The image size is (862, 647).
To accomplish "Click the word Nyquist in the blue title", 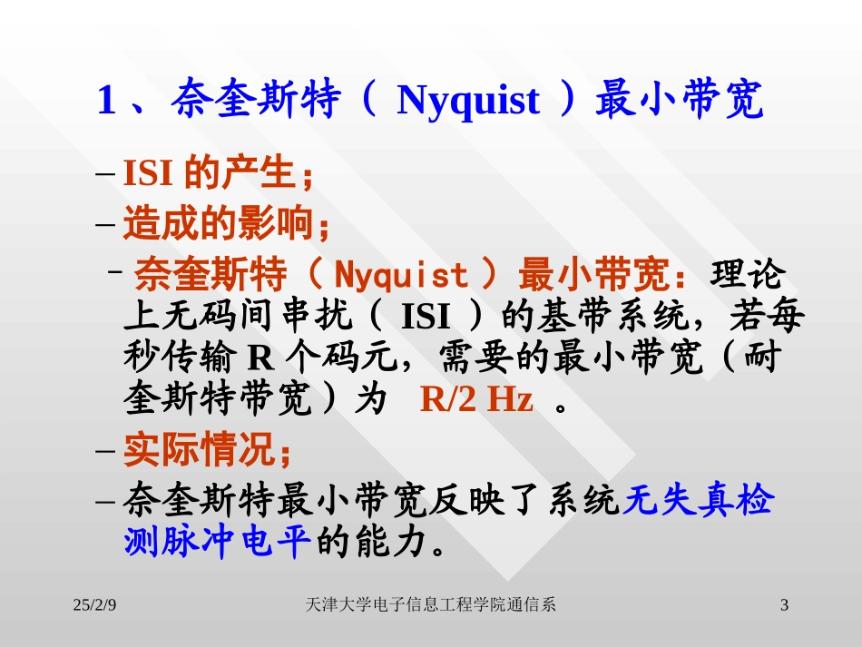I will pyautogui.click(x=468, y=102).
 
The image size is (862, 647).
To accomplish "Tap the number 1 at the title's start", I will pyautogui.click(x=106, y=102).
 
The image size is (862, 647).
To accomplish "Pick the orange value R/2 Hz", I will pyautogui.click(x=476, y=399).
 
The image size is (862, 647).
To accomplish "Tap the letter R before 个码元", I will pyautogui.click(x=260, y=358).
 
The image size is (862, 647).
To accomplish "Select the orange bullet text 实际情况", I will pyautogui.click(x=203, y=449).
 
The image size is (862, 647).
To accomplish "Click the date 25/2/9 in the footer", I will pyautogui.click(x=95, y=604).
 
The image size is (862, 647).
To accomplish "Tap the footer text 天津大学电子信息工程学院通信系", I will pyautogui.click(x=431, y=604).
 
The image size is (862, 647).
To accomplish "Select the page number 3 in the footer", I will pyautogui.click(x=785, y=604).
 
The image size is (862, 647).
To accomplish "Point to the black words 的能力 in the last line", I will pyautogui.click(x=369, y=542).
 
